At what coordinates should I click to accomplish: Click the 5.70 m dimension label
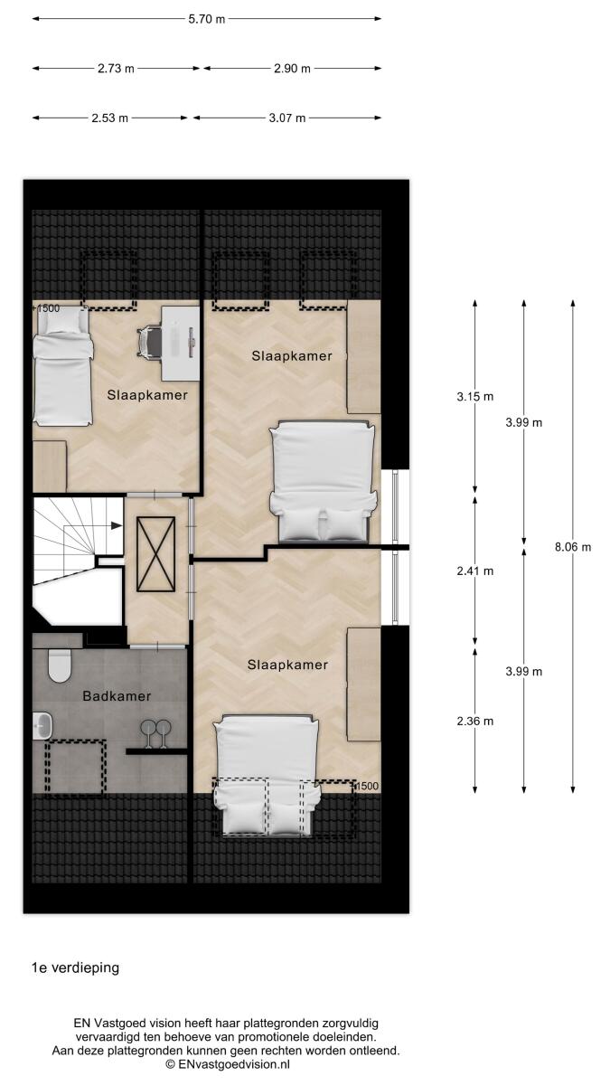(207, 19)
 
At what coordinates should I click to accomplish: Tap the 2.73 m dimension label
(116, 69)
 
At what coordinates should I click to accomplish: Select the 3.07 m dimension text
(287, 118)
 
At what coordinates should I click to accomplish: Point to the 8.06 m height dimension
(573, 547)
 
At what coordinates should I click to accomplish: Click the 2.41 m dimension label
(475, 571)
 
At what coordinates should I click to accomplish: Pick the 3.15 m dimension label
(475, 397)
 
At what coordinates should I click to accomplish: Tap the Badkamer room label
(117, 696)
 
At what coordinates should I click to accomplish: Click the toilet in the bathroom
(60, 665)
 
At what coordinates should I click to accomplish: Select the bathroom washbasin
(42, 726)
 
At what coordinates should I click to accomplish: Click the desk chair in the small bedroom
(149, 342)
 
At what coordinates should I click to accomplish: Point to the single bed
(62, 367)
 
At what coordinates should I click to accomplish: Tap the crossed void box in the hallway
(155, 554)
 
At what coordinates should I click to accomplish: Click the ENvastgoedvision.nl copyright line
(228, 1063)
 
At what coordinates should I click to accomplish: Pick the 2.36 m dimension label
(475, 722)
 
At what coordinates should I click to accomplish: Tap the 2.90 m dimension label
(292, 69)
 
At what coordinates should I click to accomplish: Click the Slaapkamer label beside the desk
(147, 395)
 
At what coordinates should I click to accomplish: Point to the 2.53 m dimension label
(110, 118)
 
